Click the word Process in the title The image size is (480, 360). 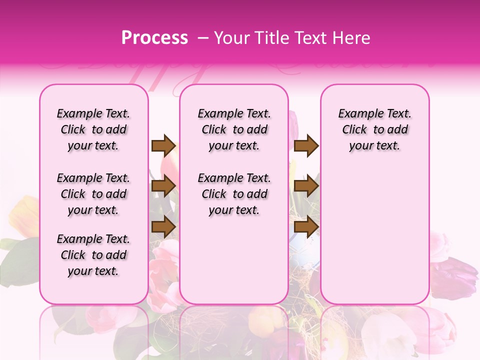[x=154, y=37]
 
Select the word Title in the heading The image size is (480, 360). [x=272, y=37]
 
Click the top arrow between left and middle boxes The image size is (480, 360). [x=163, y=145]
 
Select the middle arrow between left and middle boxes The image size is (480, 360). [x=163, y=186]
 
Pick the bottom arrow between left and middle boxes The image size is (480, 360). [x=163, y=226]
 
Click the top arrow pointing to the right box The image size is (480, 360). [x=306, y=145]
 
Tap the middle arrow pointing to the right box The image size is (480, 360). [x=306, y=186]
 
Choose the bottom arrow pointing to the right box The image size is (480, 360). [x=306, y=226]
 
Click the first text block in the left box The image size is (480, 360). [x=93, y=129]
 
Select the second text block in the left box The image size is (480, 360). [x=93, y=194]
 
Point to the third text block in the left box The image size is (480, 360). [x=93, y=255]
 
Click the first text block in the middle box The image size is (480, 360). [x=234, y=129]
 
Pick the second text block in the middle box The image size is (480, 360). [x=234, y=194]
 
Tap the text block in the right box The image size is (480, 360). [x=375, y=129]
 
